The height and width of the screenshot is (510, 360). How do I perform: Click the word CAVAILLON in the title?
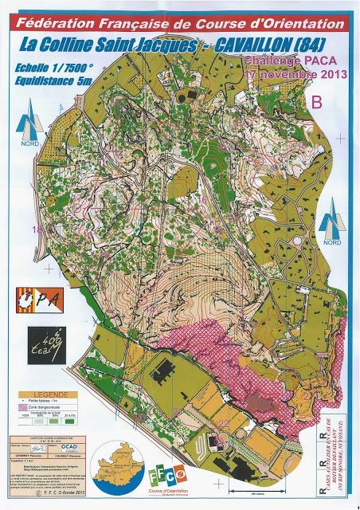257,47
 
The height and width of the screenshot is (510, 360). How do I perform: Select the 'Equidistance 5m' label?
64,80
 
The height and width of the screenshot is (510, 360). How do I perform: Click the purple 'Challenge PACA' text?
280,61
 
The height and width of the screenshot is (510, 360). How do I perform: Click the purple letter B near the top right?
317,101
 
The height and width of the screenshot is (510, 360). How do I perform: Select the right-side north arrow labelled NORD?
331,225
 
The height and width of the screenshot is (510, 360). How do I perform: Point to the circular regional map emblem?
115,469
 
